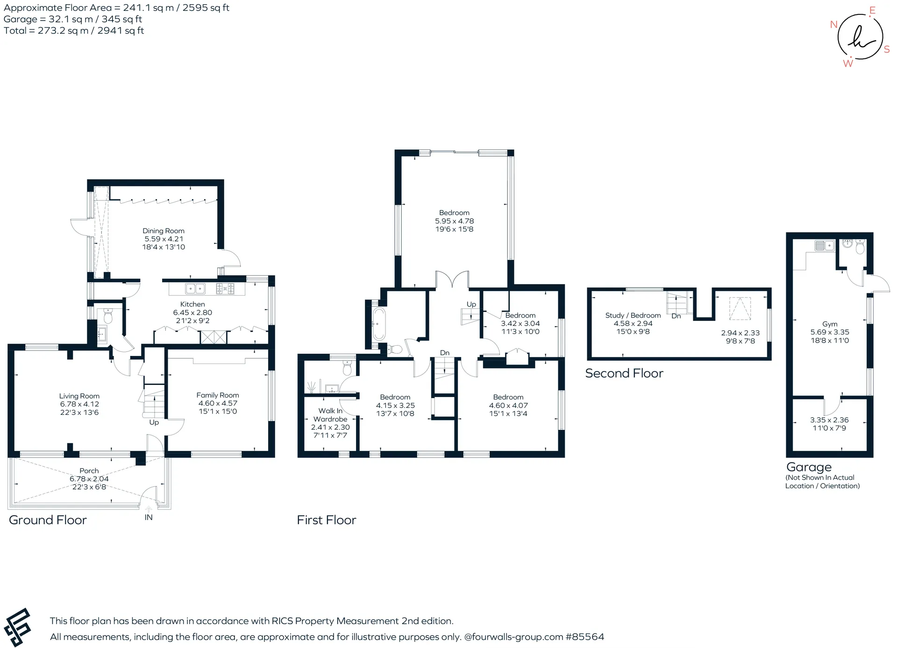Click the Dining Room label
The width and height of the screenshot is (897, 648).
(164, 231)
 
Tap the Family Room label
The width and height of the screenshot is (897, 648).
(218, 395)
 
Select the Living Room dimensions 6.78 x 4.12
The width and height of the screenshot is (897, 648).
(79, 404)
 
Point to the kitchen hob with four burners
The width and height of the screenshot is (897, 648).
(225, 289)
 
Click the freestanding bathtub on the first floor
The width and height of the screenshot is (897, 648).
(378, 323)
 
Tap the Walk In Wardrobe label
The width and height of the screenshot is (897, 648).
(330, 415)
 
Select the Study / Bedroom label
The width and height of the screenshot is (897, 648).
(633, 315)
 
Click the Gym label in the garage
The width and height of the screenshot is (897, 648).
(830, 324)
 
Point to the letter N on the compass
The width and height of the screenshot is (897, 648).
(833, 24)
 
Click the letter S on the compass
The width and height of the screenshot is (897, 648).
(887, 50)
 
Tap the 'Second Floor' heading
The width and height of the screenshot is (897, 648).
(624, 373)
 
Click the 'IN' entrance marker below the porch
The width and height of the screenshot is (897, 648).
(149, 517)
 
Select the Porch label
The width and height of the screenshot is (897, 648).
(89, 471)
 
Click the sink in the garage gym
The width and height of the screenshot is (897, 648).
(825, 245)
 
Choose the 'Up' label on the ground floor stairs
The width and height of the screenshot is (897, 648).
(154, 422)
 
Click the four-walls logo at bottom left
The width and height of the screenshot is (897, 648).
(17, 627)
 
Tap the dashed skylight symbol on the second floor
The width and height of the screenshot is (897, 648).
(740, 309)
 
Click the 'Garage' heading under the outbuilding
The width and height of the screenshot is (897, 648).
(809, 467)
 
